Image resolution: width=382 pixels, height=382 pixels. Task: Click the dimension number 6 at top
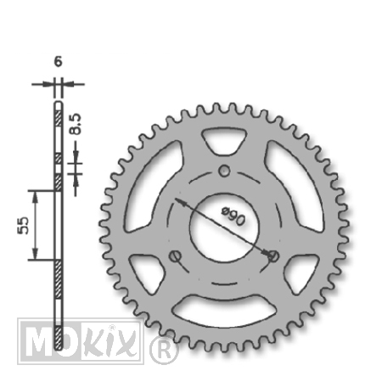[x=58, y=62]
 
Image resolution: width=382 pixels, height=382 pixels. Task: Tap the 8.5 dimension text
[x=76, y=124]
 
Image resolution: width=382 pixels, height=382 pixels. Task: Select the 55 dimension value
[x=23, y=225]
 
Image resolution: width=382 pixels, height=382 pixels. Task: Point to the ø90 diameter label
[x=233, y=216]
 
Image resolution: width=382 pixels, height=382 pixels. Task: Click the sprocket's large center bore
[x=224, y=228]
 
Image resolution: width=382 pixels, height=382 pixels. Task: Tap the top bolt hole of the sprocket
[x=224, y=171]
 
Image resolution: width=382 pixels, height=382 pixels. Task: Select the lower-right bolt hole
[x=273, y=256]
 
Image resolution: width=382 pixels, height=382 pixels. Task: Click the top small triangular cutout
[x=224, y=140]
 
